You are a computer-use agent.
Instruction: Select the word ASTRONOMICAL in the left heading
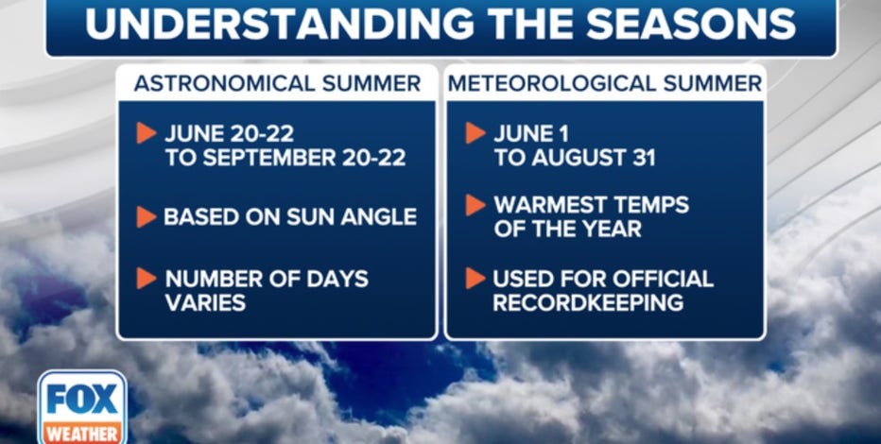[x=225, y=84]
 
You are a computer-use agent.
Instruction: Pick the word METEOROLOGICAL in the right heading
[x=552, y=84]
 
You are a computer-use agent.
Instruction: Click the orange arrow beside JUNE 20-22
[x=147, y=133]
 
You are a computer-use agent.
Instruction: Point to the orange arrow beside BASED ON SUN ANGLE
[x=147, y=217]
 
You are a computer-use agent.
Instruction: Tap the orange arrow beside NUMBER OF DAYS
[x=147, y=279]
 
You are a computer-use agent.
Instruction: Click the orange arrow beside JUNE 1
[x=475, y=133]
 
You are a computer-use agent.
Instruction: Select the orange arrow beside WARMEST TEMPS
[x=475, y=205]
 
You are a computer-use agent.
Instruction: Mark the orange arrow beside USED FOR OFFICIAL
[x=475, y=279]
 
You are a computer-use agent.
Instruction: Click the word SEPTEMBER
[x=276, y=158]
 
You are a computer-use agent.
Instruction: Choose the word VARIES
[x=206, y=302]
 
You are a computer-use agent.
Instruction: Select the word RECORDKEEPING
[x=588, y=302]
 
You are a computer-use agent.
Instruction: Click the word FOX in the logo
[x=82, y=399]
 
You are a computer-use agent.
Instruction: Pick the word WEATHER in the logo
[x=82, y=434]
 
